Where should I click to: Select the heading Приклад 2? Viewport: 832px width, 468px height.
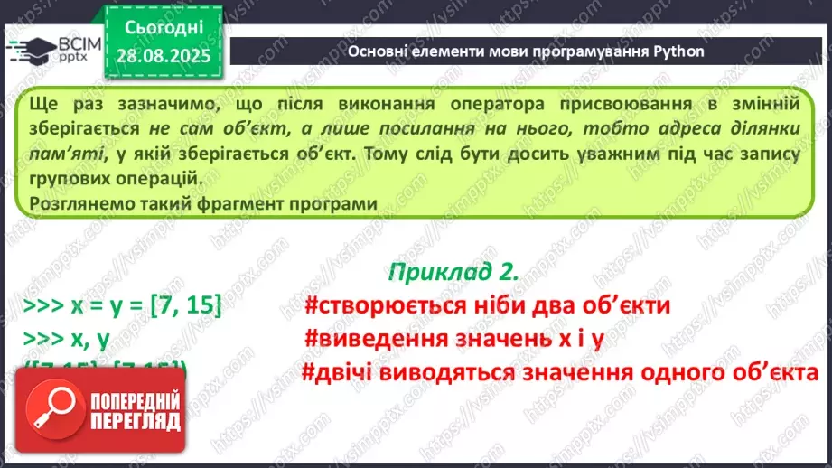coord(453,272)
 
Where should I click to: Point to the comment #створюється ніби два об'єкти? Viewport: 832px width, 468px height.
coord(487,305)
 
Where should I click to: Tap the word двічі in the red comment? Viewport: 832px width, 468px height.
coord(345,372)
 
